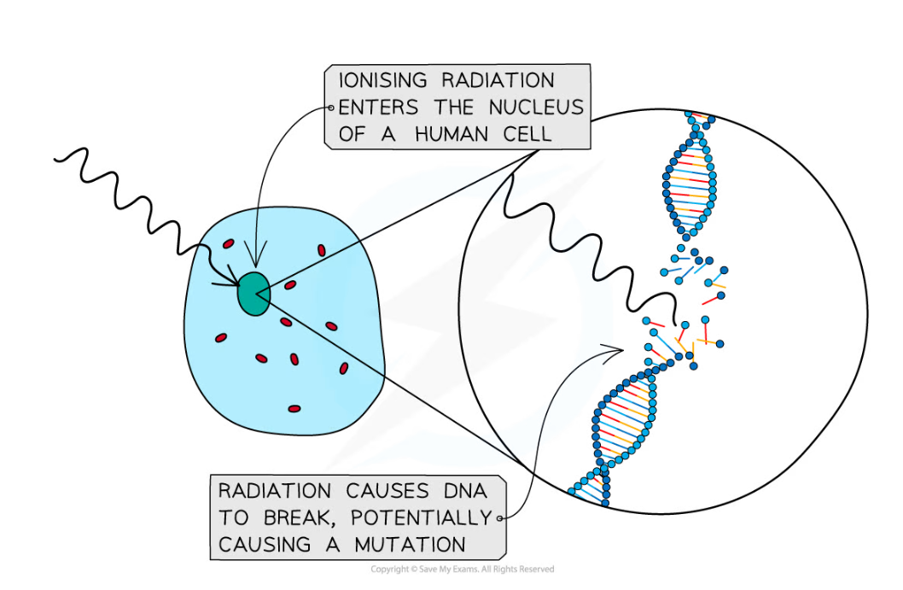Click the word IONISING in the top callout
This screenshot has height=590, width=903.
click(x=382, y=80)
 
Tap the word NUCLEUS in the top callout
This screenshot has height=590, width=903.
click(x=536, y=108)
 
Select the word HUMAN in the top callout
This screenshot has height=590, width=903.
click(x=451, y=134)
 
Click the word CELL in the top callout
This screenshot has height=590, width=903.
click(x=527, y=134)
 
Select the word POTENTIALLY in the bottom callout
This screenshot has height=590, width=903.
click(x=421, y=518)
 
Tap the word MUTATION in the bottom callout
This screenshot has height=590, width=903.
click(x=410, y=545)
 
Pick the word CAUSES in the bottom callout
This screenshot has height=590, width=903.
click(x=387, y=491)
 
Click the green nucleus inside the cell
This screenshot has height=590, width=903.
click(x=254, y=294)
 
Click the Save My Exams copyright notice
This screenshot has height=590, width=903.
click(x=462, y=570)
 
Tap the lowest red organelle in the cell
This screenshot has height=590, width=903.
click(x=294, y=409)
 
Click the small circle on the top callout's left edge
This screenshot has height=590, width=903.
click(x=331, y=108)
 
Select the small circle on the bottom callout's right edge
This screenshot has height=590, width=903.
click(x=499, y=518)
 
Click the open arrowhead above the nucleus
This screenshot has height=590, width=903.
click(x=256, y=254)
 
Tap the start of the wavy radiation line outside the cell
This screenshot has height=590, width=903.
click(x=55, y=159)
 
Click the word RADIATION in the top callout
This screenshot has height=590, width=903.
click(x=498, y=80)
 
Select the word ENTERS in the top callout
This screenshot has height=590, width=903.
click(x=378, y=108)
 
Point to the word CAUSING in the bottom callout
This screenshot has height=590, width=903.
click(x=265, y=545)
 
